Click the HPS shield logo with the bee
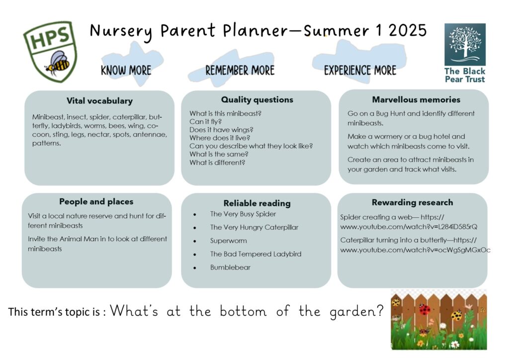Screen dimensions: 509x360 pyautogui.click(x=50, y=51)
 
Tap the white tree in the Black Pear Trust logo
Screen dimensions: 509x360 pyautogui.click(x=465, y=43)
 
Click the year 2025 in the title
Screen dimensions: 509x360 pyautogui.click(x=408, y=30)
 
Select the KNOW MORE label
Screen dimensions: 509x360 pyautogui.click(x=126, y=70)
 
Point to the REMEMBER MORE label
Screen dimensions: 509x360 pyautogui.click(x=240, y=70)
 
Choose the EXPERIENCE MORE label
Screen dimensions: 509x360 pyautogui.click(x=360, y=70)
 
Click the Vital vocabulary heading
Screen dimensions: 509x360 pyautogui.click(x=99, y=101)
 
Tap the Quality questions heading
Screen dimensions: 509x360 pyautogui.click(x=257, y=99)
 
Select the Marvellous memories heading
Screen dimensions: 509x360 pyautogui.click(x=416, y=99)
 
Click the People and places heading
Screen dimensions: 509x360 pyautogui.click(x=96, y=201)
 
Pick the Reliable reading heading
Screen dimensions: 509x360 pyautogui.click(x=257, y=203)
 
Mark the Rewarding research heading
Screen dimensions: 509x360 pyautogui.click(x=412, y=202)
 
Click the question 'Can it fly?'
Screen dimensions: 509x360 pyautogui.click(x=205, y=121)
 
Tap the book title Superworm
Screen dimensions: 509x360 pyautogui.click(x=229, y=241)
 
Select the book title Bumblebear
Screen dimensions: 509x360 pyautogui.click(x=230, y=268)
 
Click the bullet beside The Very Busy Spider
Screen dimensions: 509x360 pyautogui.click(x=195, y=215)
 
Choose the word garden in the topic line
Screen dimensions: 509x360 pyautogui.click(x=356, y=312)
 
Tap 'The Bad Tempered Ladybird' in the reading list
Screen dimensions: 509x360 pyautogui.click(x=255, y=254)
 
